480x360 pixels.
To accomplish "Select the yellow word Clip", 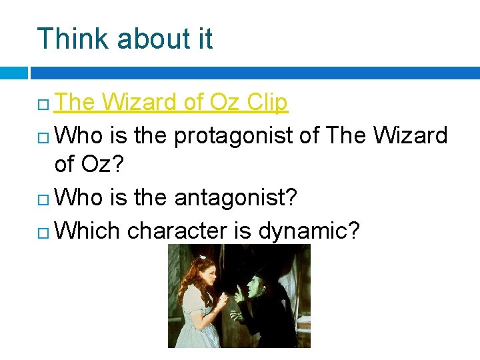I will (x=267, y=103).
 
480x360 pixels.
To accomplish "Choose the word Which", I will (x=87, y=231).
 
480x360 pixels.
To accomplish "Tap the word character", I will (x=177, y=231).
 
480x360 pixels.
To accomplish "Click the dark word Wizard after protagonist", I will (x=410, y=135).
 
